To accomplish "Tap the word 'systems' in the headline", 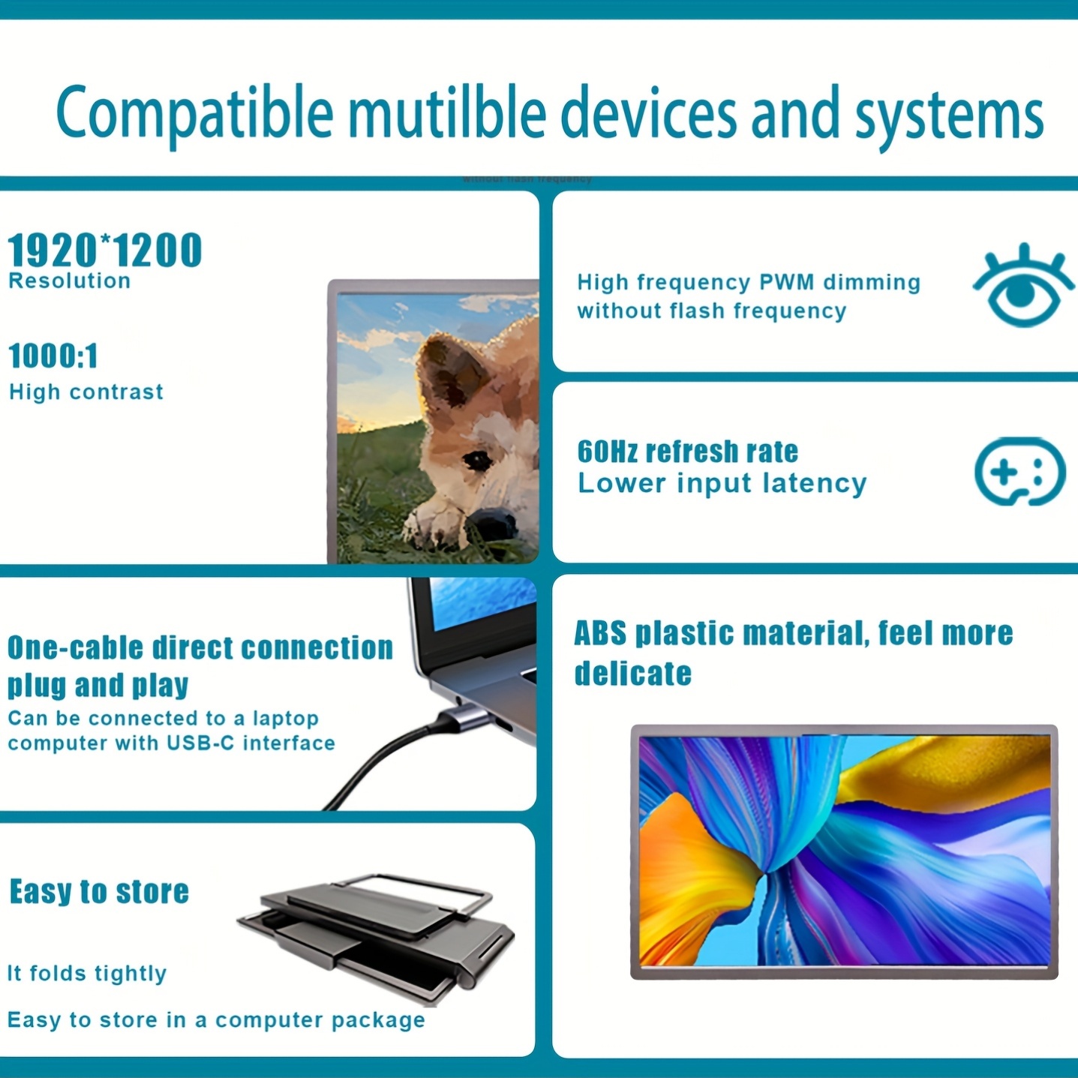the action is point(949,118).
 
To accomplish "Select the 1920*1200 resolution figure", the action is point(104,250).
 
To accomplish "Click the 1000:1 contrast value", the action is point(53,356).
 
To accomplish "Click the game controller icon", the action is point(1019,471).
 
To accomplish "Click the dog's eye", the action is point(477,461).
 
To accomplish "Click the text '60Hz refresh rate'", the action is point(687,452).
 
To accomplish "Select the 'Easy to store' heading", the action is point(100,891).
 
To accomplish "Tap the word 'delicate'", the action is point(633,673).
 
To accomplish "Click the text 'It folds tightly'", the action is point(87,974).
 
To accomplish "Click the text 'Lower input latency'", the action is point(722,483).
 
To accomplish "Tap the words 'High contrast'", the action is point(86,392).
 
